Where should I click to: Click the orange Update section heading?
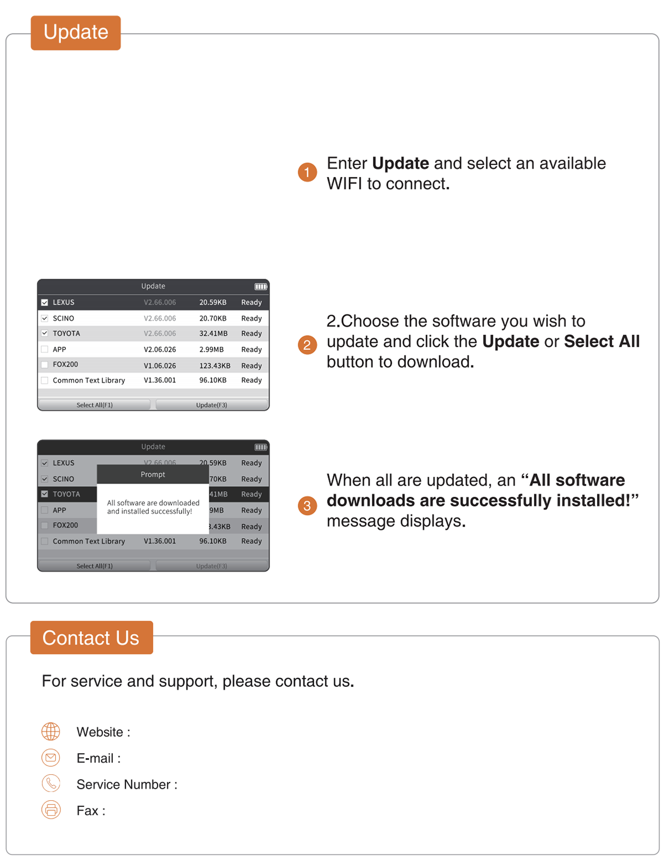click(x=76, y=33)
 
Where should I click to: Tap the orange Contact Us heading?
click(x=91, y=637)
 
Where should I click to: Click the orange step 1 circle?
click(x=307, y=172)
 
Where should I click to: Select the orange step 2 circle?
click(x=307, y=344)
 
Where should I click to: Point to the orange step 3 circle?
click(x=307, y=506)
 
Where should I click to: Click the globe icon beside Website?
click(x=50, y=731)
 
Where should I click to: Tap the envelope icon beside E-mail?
click(x=50, y=758)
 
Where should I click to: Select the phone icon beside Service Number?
click(x=50, y=783)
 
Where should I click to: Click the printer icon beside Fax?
click(x=50, y=810)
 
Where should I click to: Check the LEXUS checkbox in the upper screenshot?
click(x=45, y=302)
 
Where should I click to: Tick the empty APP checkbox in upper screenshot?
click(x=45, y=349)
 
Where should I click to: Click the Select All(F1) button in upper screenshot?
click(x=95, y=404)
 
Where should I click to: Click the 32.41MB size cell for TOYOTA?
click(x=213, y=333)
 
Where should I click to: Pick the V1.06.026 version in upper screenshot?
click(x=160, y=365)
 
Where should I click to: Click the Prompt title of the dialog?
click(x=153, y=474)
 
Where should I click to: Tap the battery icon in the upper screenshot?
click(x=261, y=286)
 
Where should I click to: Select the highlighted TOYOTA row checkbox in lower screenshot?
click(x=45, y=494)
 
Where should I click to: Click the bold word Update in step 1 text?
click(x=400, y=163)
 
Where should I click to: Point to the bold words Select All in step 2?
click(x=601, y=341)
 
